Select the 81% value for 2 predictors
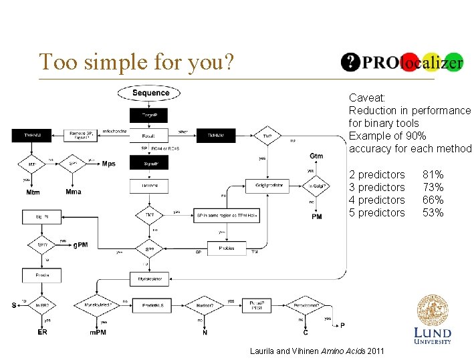[x=433, y=174]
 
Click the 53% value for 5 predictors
[x=433, y=212]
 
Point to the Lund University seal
[x=433, y=310]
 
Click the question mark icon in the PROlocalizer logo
[x=350, y=62]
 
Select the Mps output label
[x=108, y=164]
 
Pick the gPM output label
[x=80, y=245]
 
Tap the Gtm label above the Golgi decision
[x=316, y=156]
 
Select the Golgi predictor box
[x=269, y=185]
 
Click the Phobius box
[x=227, y=248]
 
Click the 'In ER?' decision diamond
[x=42, y=305]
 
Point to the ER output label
[x=42, y=332]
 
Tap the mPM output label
[x=99, y=332]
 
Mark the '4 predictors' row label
[x=377, y=200]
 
